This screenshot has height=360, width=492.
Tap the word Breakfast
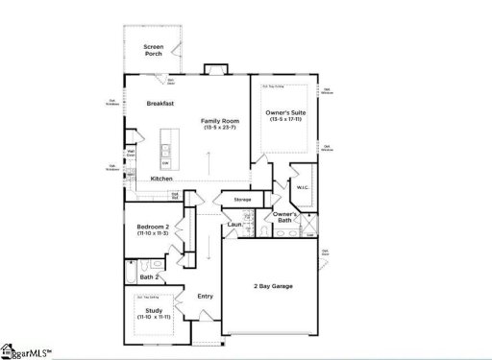[x=160, y=103]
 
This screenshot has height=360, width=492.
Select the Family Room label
[x=219, y=121]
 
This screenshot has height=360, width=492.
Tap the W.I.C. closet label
[x=301, y=187]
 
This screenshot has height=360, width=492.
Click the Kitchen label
[x=161, y=180]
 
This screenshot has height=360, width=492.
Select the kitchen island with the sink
[x=165, y=153]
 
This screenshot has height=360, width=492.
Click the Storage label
[x=242, y=200]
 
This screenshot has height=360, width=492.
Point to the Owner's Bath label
[x=283, y=217]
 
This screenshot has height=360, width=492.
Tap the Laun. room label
[x=234, y=225]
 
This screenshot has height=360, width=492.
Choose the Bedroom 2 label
[x=152, y=227]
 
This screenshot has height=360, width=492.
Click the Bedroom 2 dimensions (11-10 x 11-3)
[x=152, y=233]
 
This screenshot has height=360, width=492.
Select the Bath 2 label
[x=149, y=276]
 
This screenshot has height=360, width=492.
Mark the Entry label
[x=205, y=296]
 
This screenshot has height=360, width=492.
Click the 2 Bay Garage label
[x=273, y=286]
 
